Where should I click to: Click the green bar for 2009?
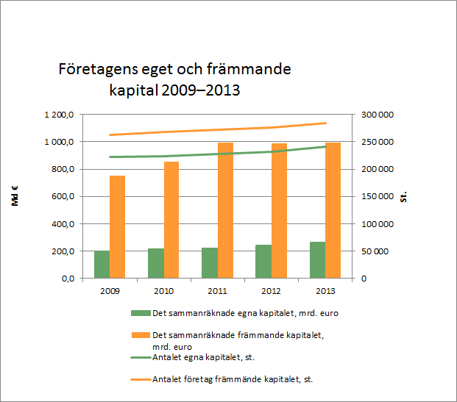(x=102, y=265)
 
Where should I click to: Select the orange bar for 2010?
(x=171, y=220)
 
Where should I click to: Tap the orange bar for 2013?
(x=333, y=210)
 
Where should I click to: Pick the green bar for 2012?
(x=263, y=262)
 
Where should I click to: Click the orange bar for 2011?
(x=225, y=210)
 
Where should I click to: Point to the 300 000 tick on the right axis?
(x=375, y=115)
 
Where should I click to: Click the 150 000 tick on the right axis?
(x=375, y=196)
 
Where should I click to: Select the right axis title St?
(x=404, y=196)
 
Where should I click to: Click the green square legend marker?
(x=141, y=313)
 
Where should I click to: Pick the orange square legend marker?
(x=141, y=334)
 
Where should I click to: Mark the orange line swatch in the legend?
(x=141, y=379)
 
